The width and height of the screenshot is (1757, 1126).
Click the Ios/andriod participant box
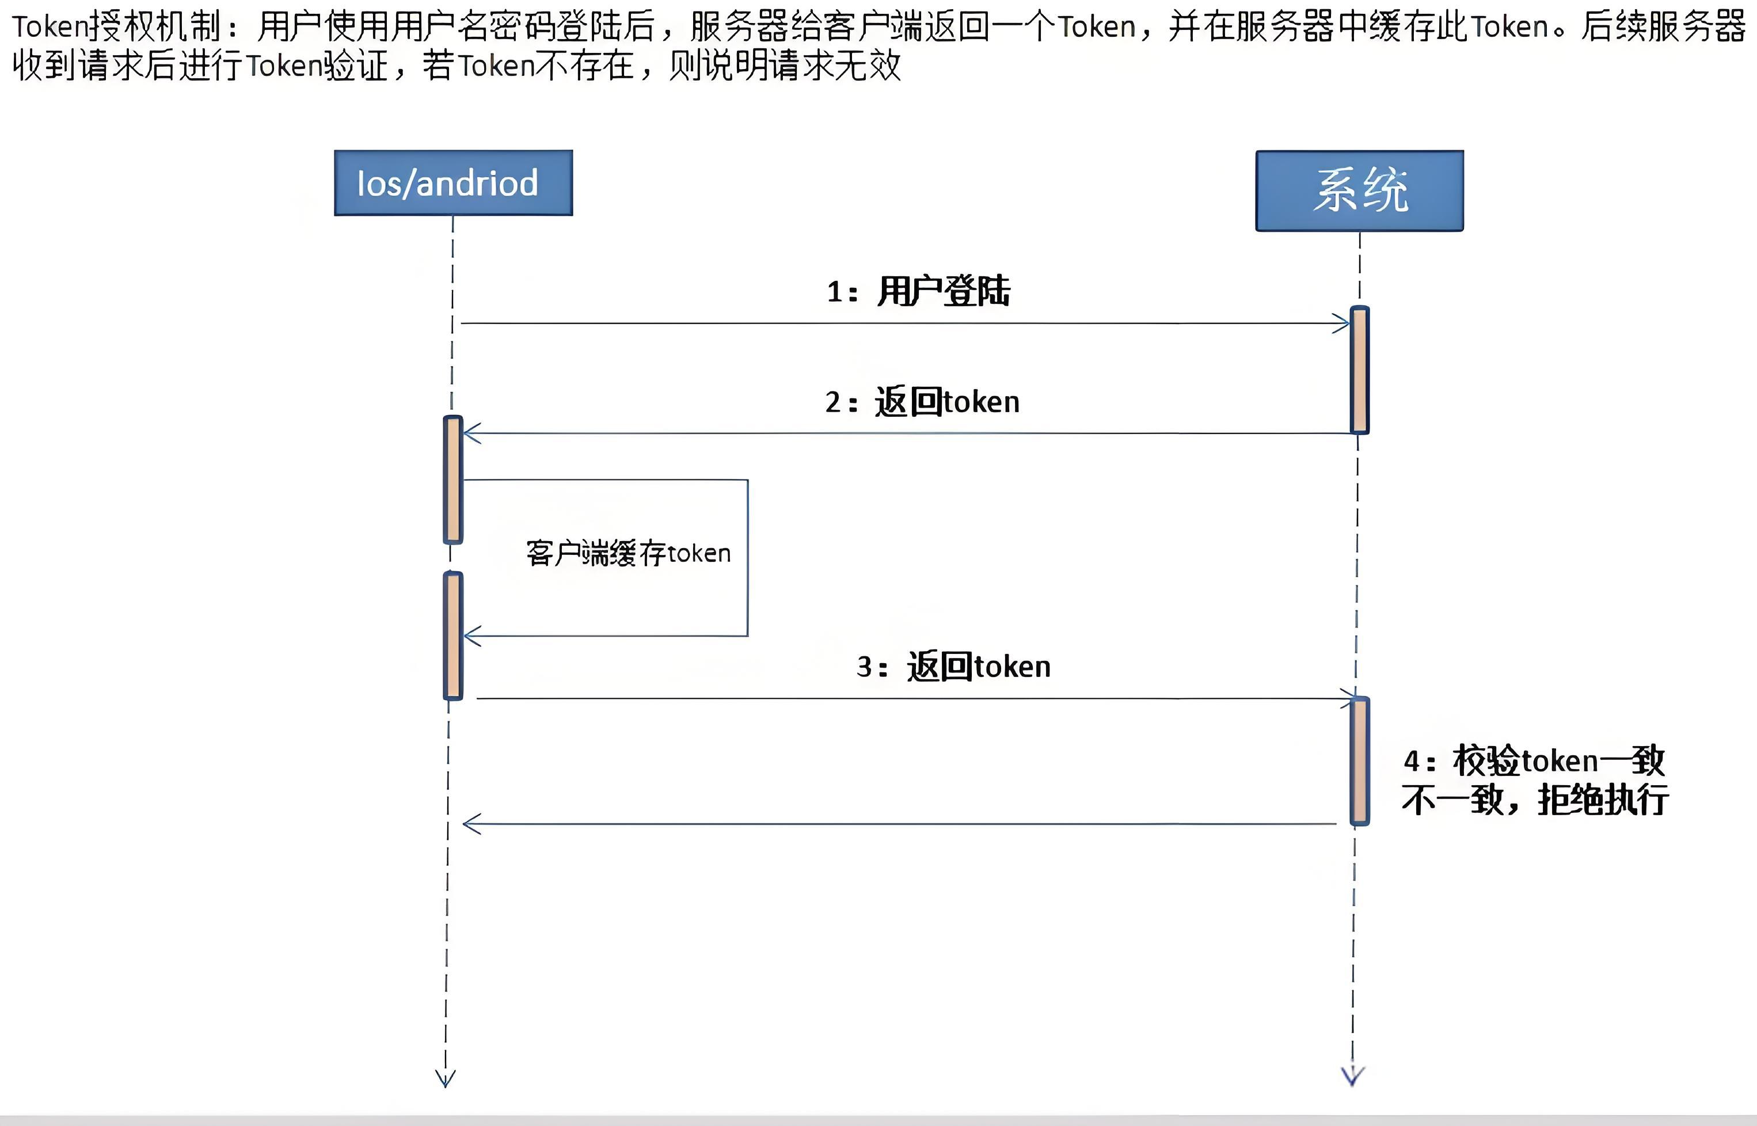(453, 183)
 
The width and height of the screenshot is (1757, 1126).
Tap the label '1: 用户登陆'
(918, 291)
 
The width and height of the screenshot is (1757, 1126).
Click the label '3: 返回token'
(953, 667)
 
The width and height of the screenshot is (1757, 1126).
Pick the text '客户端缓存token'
(628, 553)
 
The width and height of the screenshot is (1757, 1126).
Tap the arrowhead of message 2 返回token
(471, 433)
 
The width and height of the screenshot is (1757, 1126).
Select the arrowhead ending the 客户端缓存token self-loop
(472, 636)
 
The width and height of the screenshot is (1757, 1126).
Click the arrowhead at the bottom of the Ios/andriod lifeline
(445, 1078)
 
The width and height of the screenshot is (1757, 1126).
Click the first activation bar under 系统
(1359, 370)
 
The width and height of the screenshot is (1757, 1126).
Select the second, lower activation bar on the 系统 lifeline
(1359, 760)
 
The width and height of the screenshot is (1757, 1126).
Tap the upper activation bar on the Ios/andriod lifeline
(453, 480)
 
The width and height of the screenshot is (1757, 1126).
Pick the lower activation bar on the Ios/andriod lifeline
(453, 636)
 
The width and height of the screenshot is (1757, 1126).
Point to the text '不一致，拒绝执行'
(1535, 800)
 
